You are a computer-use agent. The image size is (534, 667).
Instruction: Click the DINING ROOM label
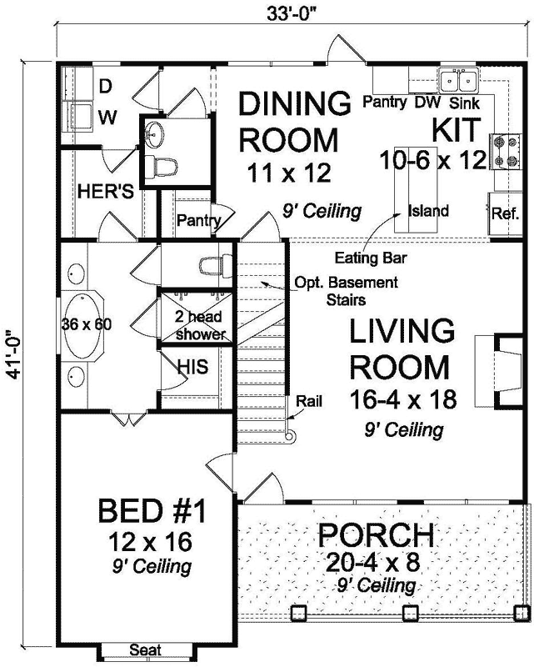point(289,121)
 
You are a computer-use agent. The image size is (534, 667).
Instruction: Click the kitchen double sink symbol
point(457,82)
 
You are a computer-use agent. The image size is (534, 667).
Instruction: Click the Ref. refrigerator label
point(506,213)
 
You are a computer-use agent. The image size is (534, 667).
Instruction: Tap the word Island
point(428,210)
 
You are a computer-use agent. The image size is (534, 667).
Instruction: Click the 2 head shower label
point(200,325)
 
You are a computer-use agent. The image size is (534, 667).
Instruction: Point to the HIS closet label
point(197,364)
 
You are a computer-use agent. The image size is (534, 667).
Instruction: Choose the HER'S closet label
point(106,191)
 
